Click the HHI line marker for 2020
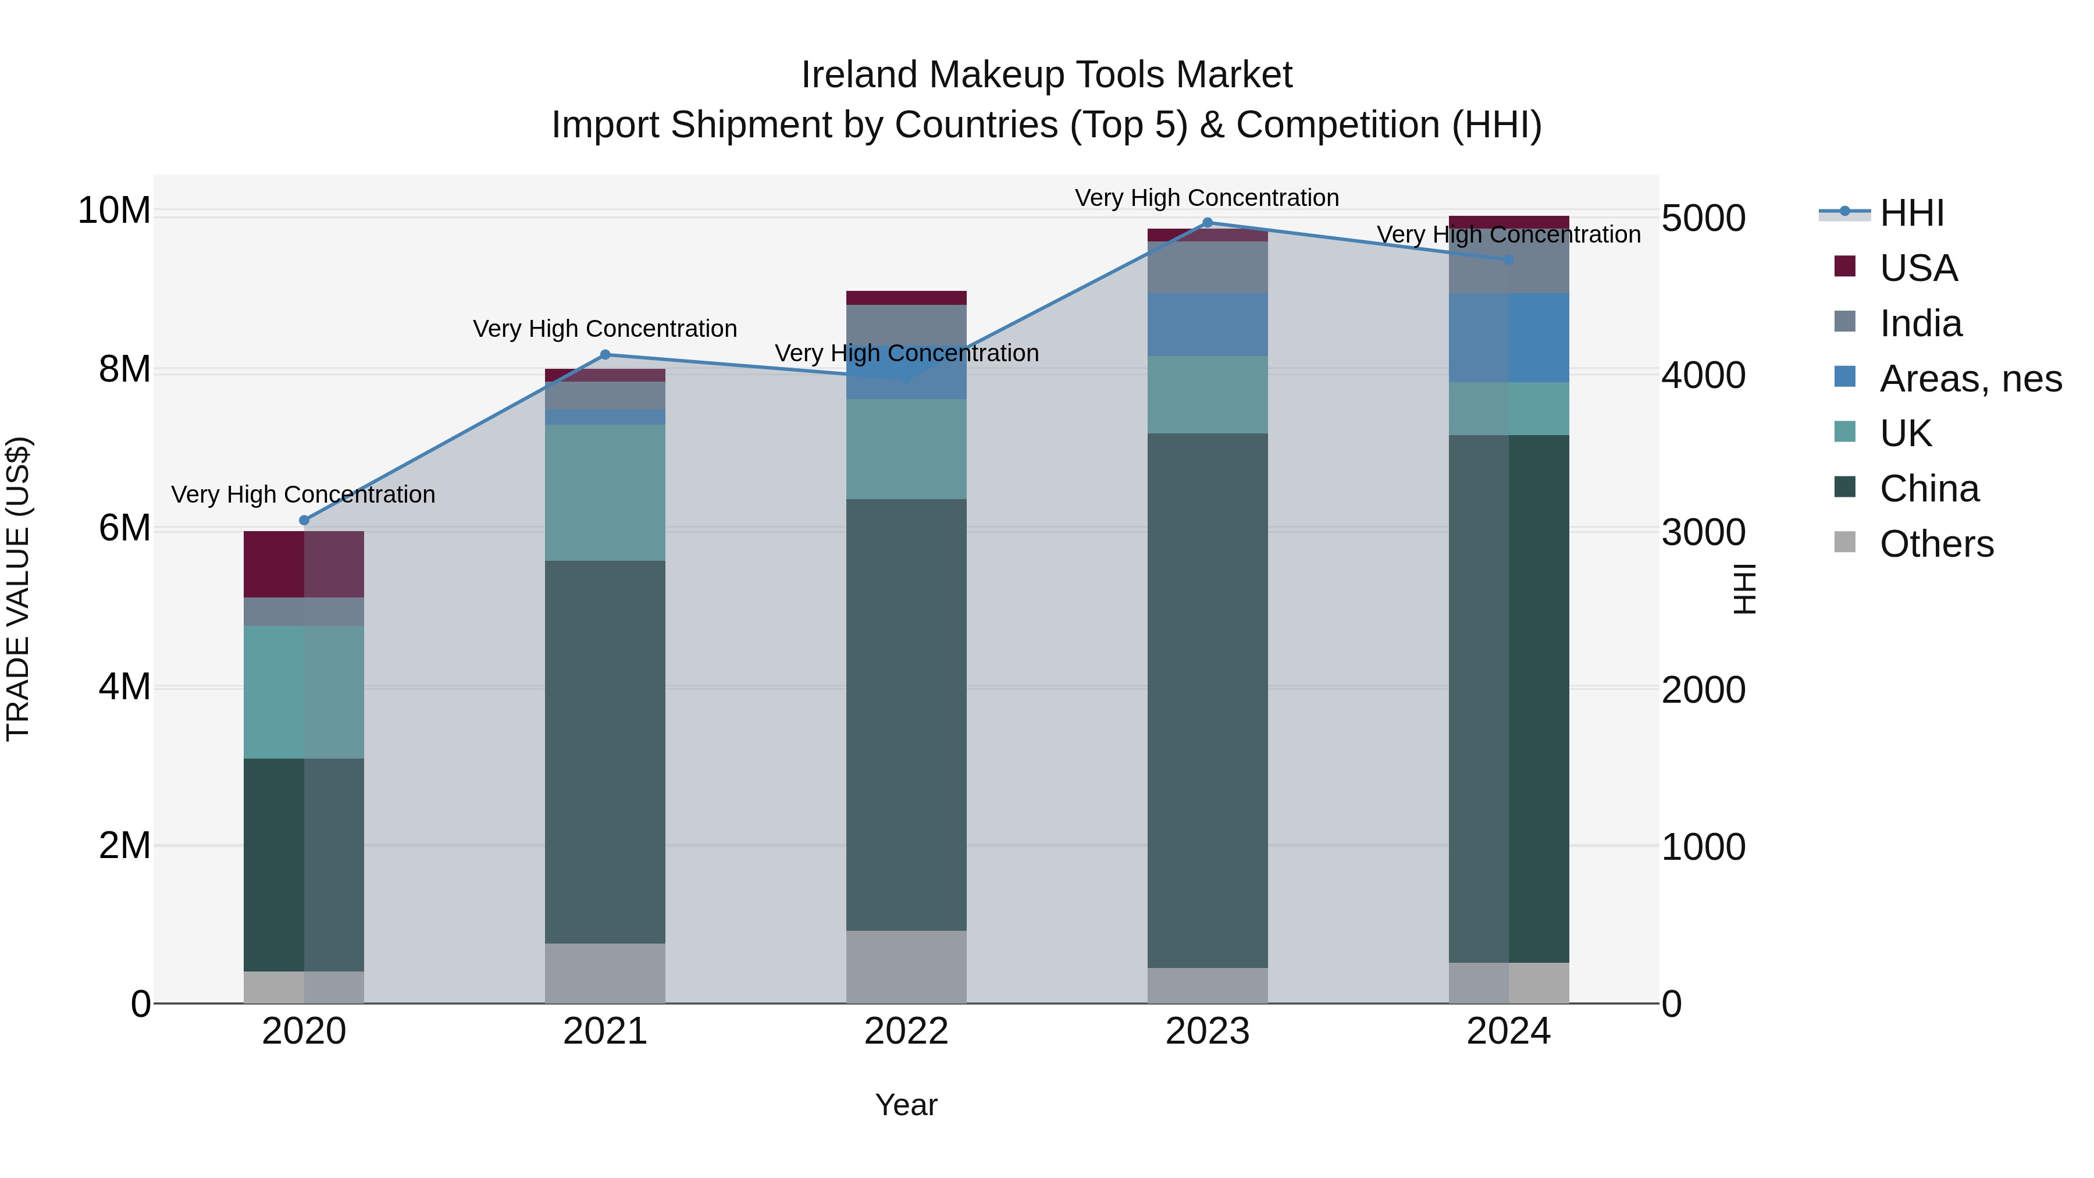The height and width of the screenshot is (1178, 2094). (304, 520)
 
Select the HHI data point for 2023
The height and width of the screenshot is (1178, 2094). (1207, 223)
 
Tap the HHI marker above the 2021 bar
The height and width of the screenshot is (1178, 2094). (605, 354)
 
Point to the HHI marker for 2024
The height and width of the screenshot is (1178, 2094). (1509, 260)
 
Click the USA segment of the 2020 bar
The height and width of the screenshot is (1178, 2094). (304, 564)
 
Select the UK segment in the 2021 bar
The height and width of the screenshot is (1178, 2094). (605, 493)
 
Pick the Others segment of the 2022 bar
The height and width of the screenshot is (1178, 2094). (906, 967)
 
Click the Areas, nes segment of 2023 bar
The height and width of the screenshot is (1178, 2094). (1207, 325)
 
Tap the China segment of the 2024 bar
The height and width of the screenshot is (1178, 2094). (1509, 699)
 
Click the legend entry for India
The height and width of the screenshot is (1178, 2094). (1920, 323)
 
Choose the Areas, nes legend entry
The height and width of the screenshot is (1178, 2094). (1971, 379)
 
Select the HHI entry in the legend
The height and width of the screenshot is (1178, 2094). (1911, 213)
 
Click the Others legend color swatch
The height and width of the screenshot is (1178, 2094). (1845, 542)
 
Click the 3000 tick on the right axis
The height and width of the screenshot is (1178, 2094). (1703, 532)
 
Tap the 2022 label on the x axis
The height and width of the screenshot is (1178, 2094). (906, 1031)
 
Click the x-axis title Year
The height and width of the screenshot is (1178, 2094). (906, 1105)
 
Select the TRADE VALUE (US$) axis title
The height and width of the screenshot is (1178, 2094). (18, 589)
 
